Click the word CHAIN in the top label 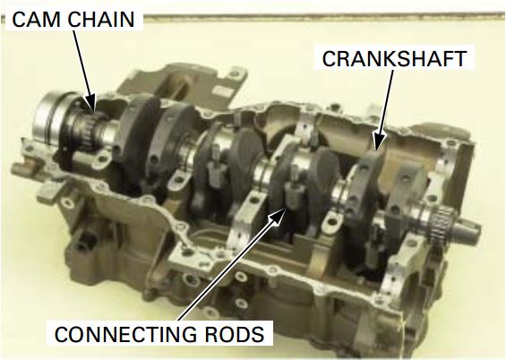click(x=101, y=20)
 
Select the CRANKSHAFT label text click(x=394, y=59)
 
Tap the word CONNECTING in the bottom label click(x=125, y=334)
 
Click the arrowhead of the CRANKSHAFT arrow click(x=379, y=141)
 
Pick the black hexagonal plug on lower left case click(x=84, y=240)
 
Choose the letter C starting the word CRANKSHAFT click(x=330, y=59)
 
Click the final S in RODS click(x=258, y=334)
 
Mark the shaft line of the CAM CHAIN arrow click(x=81, y=66)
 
